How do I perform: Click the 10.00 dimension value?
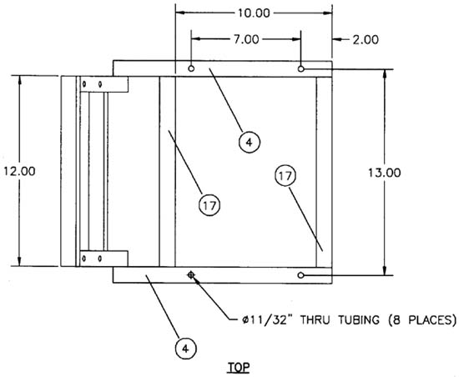click(254, 13)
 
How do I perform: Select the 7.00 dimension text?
click(246, 39)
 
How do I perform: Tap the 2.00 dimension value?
click(366, 39)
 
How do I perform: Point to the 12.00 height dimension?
click(19, 171)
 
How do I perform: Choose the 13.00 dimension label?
click(385, 173)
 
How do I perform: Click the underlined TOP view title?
click(239, 367)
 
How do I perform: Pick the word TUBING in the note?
click(359, 320)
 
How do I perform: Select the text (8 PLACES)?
click(422, 320)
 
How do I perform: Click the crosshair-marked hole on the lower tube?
click(191, 275)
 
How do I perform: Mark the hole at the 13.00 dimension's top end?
click(300, 69)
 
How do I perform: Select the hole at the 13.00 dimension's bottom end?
click(300, 275)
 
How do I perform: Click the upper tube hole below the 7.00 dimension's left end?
click(191, 68)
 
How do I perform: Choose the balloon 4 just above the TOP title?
click(185, 349)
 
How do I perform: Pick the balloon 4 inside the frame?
click(250, 142)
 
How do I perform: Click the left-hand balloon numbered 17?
click(209, 205)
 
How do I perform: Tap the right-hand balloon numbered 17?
click(285, 176)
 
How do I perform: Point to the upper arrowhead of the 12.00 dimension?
click(20, 80)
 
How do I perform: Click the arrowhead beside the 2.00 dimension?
click(337, 39)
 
